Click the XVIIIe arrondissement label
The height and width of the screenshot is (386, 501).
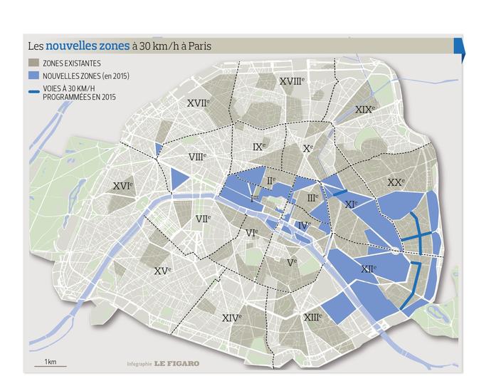pos(292,81)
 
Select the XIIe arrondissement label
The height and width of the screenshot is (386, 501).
pos(368,268)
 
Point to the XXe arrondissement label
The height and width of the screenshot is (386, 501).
pos(396,182)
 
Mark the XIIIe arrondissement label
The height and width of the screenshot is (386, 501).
pos(312,317)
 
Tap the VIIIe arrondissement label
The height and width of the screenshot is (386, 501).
pos(197,156)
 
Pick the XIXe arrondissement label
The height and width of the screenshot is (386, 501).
pos(364,109)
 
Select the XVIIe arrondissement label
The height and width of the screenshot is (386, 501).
pos(199,103)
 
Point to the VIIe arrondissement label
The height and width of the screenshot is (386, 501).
pos(203,218)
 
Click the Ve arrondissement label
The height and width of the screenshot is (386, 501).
pos(291,262)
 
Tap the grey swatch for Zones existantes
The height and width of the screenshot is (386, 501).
pos(33,63)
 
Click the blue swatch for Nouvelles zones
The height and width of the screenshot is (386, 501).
pos(33,75)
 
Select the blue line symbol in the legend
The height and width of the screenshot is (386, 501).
pos(33,90)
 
